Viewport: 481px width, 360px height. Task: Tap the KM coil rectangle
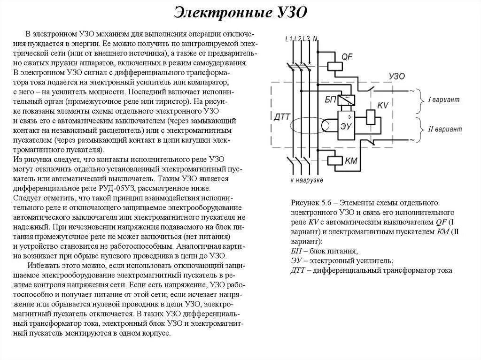pyautogui.click(x=335, y=161)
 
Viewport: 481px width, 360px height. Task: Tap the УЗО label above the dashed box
pyautogui.click(x=397, y=76)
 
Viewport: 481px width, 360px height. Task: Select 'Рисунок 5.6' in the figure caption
pyautogui.click(x=311, y=203)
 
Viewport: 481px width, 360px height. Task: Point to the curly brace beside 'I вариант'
pyautogui.click(x=419, y=100)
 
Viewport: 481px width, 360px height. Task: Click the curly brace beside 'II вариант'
pyautogui.click(x=419, y=129)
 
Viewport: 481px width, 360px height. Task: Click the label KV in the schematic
pyautogui.click(x=383, y=105)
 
